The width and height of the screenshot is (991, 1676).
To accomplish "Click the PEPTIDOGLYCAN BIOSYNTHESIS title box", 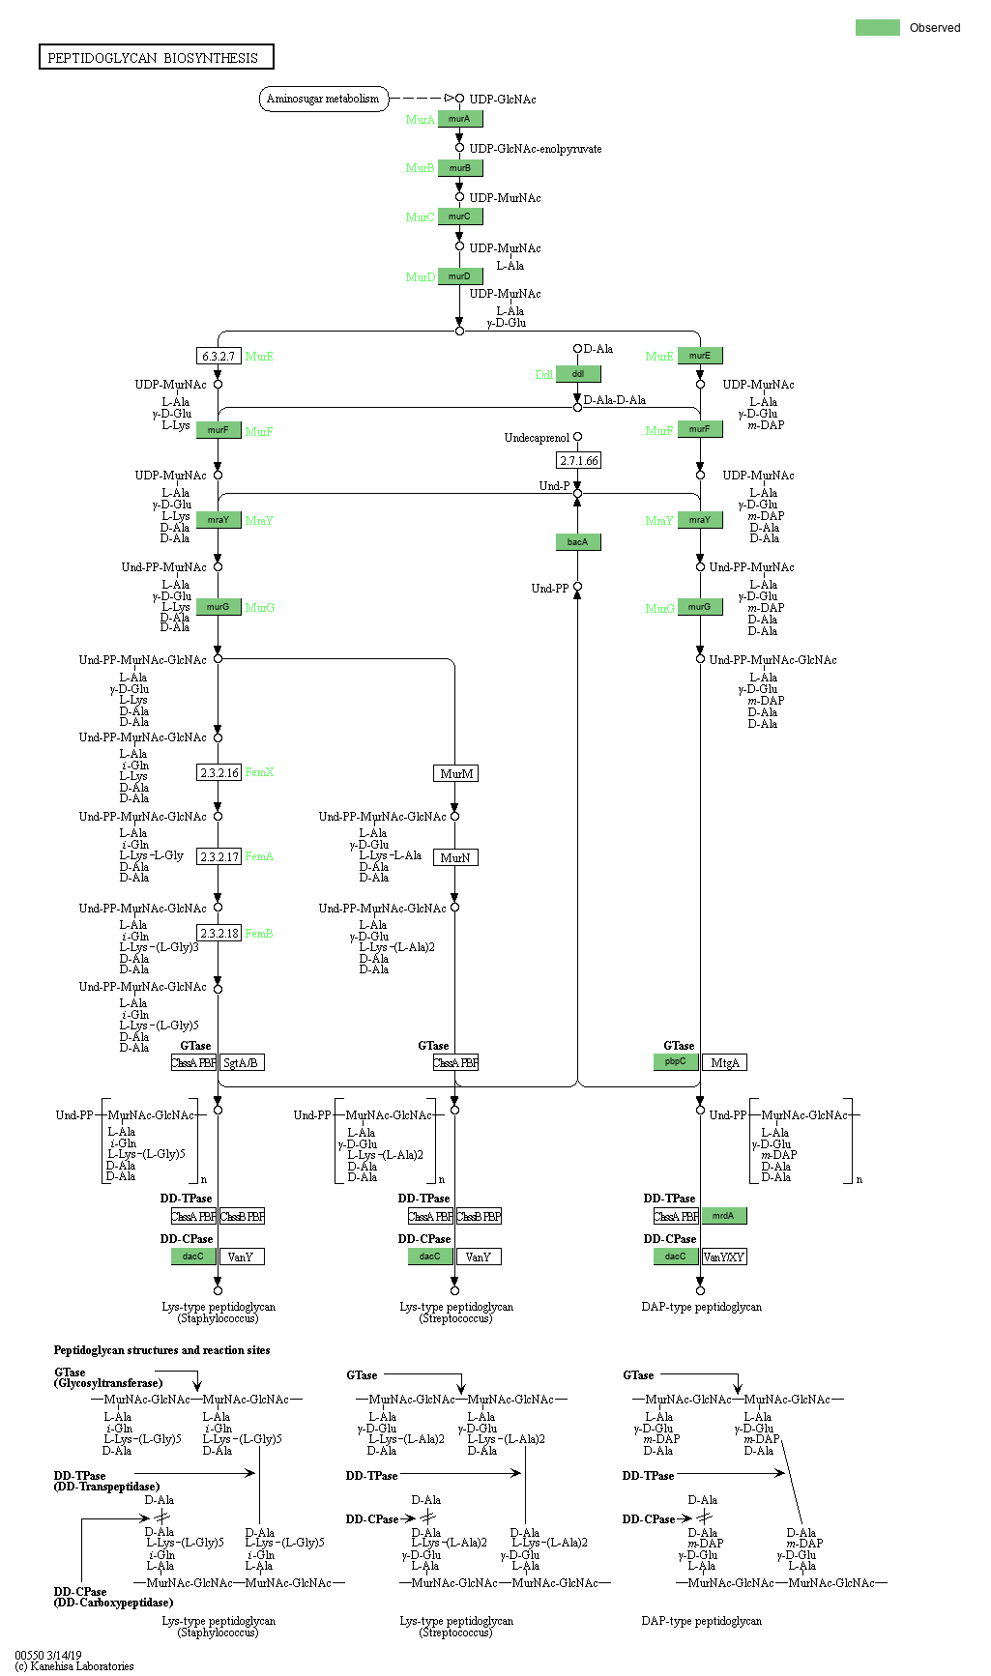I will [x=156, y=57].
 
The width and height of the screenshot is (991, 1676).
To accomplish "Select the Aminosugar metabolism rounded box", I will [x=323, y=99].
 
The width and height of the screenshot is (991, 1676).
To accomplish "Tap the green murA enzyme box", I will [x=459, y=119].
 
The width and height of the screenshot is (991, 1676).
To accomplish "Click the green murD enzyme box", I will [x=459, y=276].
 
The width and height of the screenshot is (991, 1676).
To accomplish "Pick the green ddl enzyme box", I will [x=578, y=374].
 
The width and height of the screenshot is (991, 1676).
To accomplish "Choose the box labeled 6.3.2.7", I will [x=219, y=357].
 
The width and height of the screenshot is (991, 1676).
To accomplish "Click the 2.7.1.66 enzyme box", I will [x=578, y=461].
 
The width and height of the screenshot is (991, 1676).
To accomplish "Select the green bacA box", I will [x=578, y=542].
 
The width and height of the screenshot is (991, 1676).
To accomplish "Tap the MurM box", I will [x=455, y=774].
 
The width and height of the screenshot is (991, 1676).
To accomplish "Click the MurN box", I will [x=455, y=858].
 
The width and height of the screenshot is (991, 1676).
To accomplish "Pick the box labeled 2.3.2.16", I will [x=219, y=773].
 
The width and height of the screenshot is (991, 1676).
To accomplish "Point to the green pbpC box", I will [x=676, y=1061].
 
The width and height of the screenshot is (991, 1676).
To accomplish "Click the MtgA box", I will [x=724, y=1063].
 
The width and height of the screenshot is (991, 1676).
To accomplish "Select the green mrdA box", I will [x=724, y=1216].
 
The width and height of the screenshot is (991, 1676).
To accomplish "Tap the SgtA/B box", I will [x=241, y=1063].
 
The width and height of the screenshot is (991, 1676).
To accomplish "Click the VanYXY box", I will [x=724, y=1257].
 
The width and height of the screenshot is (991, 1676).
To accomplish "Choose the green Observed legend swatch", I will [x=877, y=27].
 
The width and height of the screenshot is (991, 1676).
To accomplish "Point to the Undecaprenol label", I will [x=537, y=438].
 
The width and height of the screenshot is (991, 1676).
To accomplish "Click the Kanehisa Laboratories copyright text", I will [x=74, y=1666].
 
